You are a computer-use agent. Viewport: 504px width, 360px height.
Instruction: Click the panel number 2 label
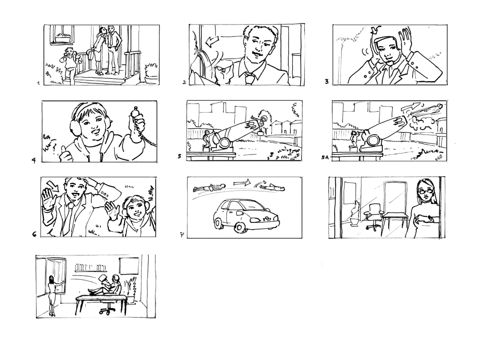click(184, 82)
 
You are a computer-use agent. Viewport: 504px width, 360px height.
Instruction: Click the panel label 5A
click(325, 157)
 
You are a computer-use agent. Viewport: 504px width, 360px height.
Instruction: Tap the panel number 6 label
click(34, 234)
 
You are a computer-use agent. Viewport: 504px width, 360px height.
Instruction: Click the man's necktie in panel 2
click(249, 78)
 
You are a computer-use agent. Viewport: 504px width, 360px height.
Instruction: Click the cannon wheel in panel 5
click(224, 143)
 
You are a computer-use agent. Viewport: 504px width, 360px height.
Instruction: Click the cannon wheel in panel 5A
click(374, 141)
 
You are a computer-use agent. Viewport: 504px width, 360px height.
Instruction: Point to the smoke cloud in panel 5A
click(422, 122)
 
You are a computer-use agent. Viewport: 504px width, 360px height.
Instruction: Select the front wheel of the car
click(240, 227)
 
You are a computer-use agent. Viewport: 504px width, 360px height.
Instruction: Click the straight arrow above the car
click(242, 183)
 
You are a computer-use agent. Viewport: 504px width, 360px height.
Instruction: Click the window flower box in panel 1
click(63, 39)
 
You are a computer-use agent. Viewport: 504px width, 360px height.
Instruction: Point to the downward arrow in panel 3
click(375, 30)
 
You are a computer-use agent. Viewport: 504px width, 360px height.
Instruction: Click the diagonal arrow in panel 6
click(52, 186)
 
